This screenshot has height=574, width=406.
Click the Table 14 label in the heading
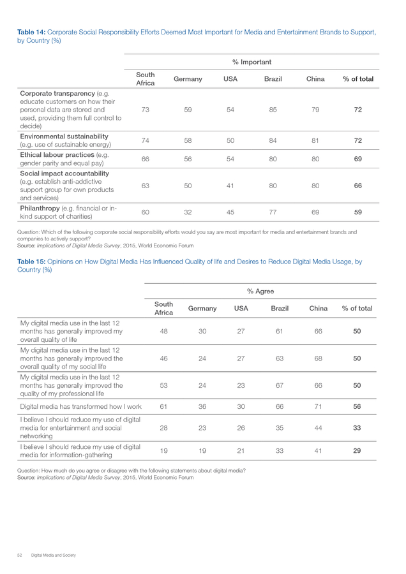coord(31,33)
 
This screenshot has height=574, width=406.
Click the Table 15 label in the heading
coord(31,261)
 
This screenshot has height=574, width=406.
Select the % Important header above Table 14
coord(252,63)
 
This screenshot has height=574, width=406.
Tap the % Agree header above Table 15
coord(260,291)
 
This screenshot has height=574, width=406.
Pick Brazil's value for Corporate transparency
coord(273,110)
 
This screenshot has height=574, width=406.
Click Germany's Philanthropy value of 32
coord(188,212)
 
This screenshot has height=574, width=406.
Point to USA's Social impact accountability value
coord(230,186)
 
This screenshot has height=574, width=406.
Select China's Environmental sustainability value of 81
coord(315,140)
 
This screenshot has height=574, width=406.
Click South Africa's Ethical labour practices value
coord(146,159)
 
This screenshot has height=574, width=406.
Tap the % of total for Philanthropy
coord(358,212)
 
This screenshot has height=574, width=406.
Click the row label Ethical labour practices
coord(57,155)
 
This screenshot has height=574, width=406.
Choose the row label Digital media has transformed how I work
coord(80,407)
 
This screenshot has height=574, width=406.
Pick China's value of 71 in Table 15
coord(318,407)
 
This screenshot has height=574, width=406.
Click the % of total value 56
coord(357,407)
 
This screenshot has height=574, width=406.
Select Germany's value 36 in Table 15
coord(202,407)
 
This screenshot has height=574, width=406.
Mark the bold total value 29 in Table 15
coord(357,451)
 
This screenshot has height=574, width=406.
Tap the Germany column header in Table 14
coord(188,79)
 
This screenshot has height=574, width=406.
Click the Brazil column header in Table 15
coord(280,309)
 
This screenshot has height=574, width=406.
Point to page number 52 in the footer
coord(20,556)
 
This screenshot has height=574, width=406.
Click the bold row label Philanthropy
coord(40,209)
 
